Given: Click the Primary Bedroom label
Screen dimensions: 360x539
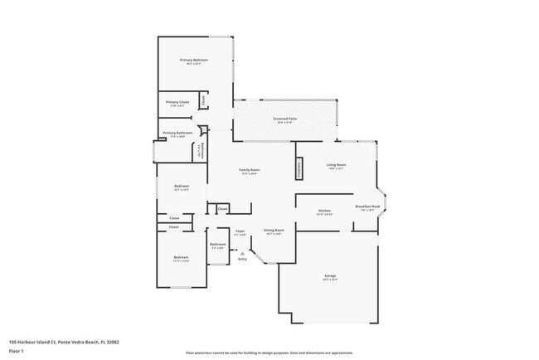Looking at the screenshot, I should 194,61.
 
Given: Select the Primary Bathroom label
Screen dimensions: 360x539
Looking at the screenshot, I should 177,133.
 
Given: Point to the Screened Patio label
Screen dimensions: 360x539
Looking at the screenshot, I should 285,119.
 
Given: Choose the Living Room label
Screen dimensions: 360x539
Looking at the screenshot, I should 336,165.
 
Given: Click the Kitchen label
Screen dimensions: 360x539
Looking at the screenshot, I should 325,211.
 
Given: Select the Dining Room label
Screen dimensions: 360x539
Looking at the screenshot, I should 274,230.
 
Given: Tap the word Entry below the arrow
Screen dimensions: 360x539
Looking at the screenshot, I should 242,260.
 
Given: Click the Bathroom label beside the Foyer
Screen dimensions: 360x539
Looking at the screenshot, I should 217,244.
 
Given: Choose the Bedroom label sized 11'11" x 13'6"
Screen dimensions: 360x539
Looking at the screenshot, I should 182,257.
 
